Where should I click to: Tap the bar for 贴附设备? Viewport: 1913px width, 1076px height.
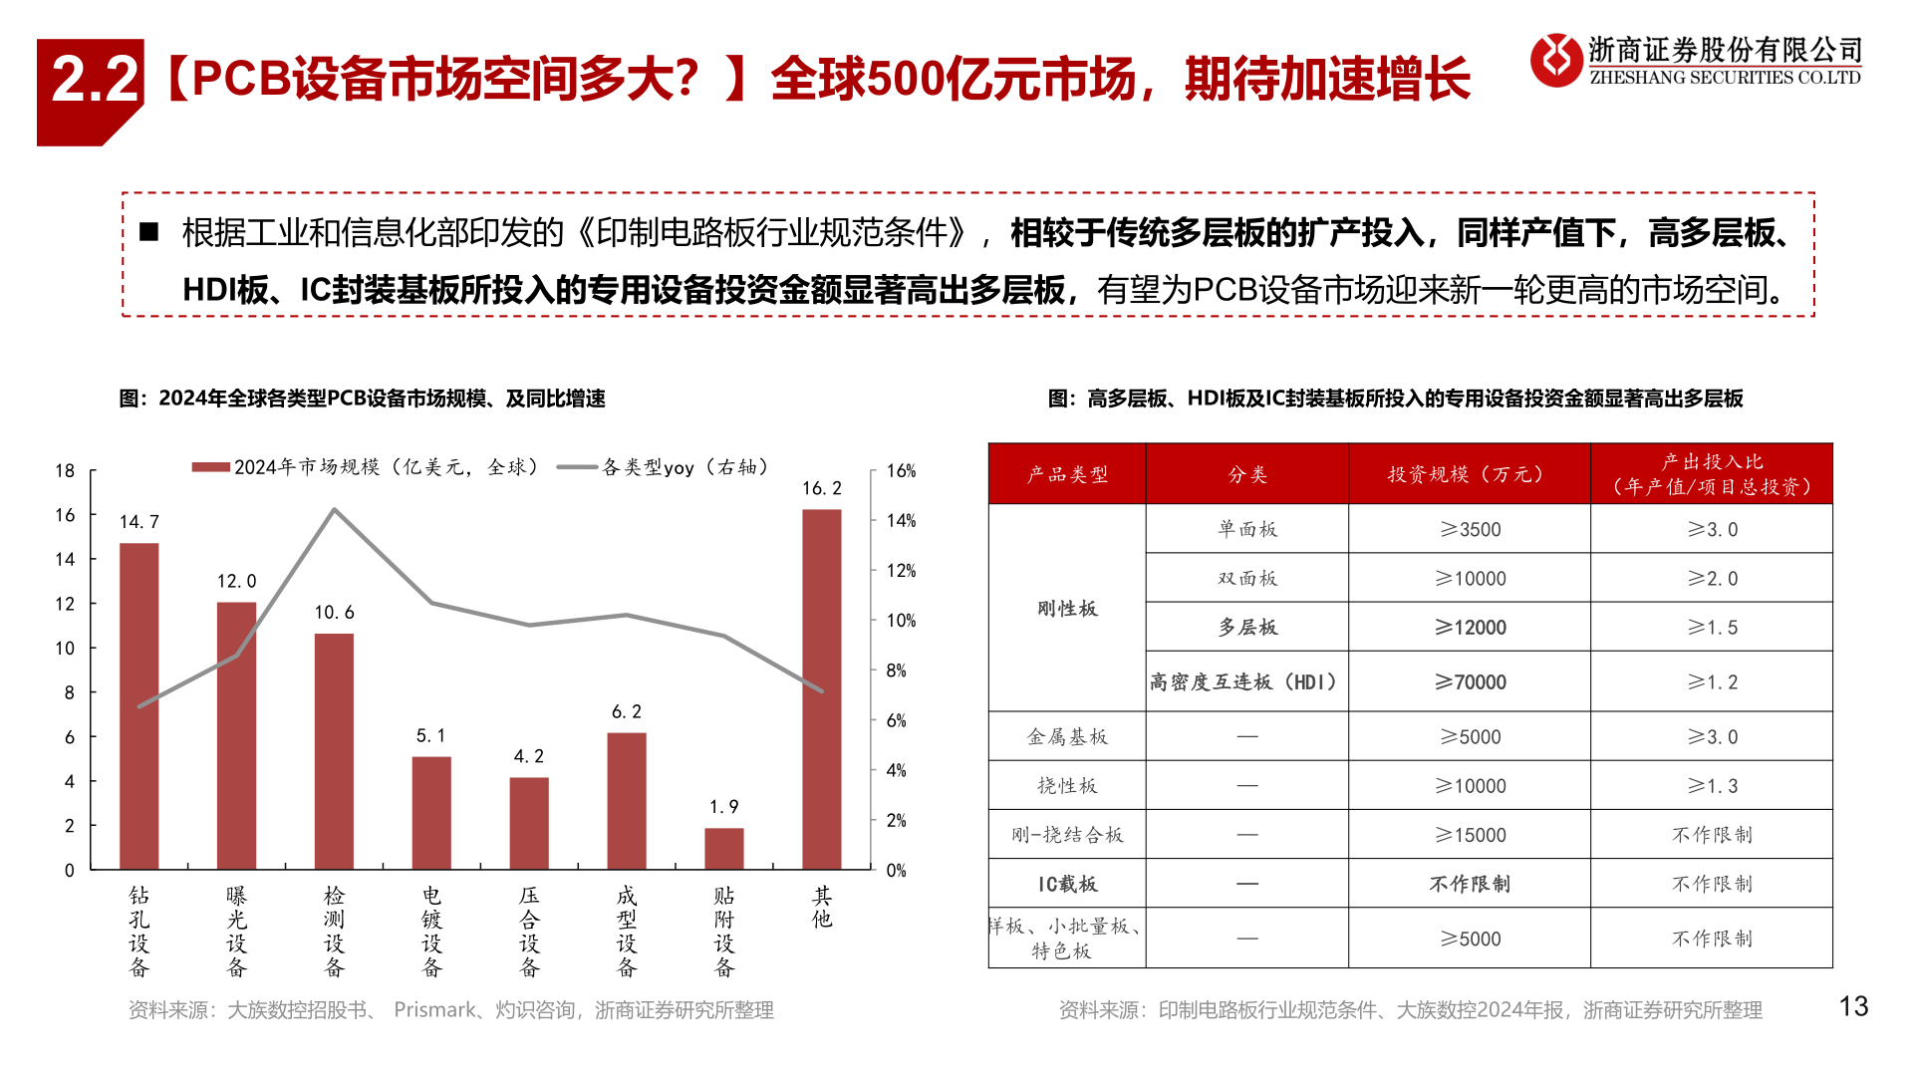tap(724, 848)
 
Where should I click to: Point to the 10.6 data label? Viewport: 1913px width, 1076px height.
tap(334, 612)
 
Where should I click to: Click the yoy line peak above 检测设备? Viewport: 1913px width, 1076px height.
tap(334, 510)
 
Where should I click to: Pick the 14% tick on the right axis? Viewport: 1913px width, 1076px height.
tap(901, 520)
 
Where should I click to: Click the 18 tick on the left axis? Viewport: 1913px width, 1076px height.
tap(65, 470)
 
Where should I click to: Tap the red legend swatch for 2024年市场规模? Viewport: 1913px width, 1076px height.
tap(210, 467)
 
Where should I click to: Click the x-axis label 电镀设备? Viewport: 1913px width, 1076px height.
tap(431, 931)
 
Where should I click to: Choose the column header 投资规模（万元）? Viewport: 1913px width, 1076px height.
tap(1469, 474)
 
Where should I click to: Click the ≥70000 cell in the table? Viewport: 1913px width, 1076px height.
tap(1470, 681)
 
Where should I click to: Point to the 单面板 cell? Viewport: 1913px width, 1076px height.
tap(1246, 529)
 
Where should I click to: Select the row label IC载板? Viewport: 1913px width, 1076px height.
tap(1067, 884)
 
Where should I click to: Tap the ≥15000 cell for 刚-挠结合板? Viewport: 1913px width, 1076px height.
tap(1470, 835)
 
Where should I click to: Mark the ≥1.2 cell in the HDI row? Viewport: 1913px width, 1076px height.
tap(1712, 681)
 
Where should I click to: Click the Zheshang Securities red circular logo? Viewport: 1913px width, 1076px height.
tap(1555, 60)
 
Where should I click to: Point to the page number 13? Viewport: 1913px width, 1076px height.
tap(1853, 1006)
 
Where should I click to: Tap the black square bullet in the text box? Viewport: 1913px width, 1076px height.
tap(149, 232)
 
